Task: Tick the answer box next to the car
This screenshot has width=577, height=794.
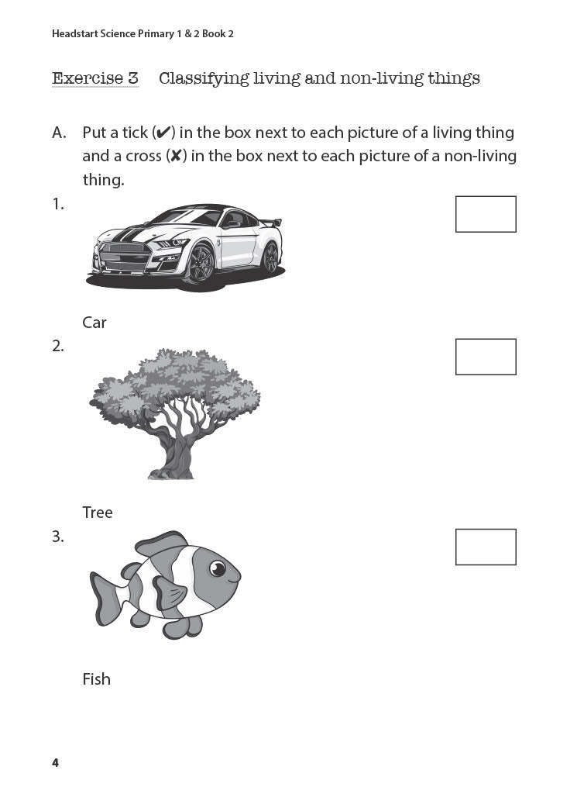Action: coord(486,214)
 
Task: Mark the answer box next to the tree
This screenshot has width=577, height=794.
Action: coord(486,357)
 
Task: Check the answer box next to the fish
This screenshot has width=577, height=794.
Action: coord(486,547)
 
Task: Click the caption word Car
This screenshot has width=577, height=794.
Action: coord(94,323)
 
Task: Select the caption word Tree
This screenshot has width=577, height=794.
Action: coord(98,513)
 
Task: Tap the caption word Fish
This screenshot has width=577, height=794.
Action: coord(97,679)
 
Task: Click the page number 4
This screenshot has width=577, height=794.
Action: coord(55,763)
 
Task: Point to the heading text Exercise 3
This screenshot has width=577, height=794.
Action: coord(95,78)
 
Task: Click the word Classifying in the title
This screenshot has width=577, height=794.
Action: coord(204,78)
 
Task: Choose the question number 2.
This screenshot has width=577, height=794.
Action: coord(58,347)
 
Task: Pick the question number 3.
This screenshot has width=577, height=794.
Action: coord(58,537)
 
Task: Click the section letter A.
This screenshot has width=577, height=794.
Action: coord(59,133)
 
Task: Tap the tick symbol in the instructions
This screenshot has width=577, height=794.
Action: coord(163,133)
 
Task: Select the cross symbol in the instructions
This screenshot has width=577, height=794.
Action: coord(177,156)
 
